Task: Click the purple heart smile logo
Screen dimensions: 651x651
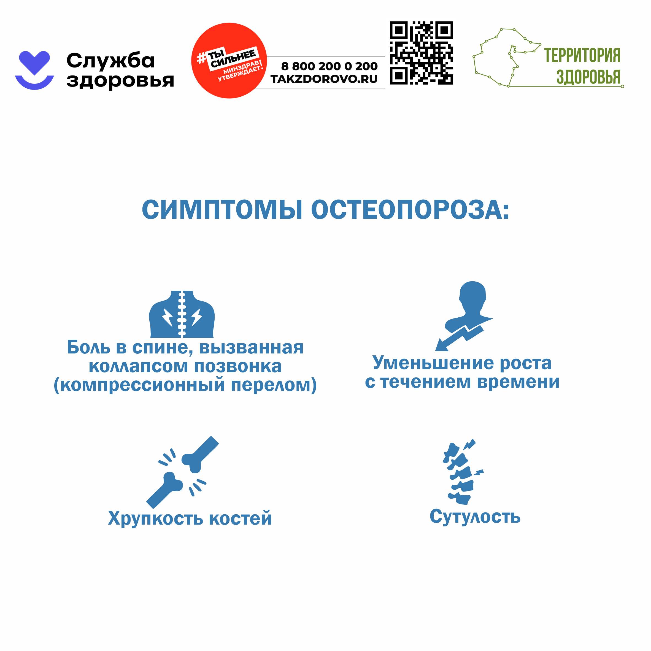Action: pos(34,70)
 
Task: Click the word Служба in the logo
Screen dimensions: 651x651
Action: pos(110,61)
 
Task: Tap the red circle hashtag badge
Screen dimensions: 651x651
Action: pos(229,61)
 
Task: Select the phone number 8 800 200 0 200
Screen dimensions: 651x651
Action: pos(329,66)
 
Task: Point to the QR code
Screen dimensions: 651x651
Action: pos(421,53)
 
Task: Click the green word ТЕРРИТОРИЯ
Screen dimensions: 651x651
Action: pos(582,55)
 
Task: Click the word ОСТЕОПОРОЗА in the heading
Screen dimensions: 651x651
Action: pos(410,210)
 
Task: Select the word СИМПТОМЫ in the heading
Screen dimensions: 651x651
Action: pos(222,210)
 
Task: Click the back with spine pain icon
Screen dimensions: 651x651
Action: pos(182,314)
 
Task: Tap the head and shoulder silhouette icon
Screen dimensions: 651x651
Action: pos(464,316)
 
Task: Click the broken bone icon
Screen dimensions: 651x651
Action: pos(182,472)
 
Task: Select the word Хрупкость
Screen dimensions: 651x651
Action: pos(155,518)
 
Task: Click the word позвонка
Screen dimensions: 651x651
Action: pos(238,366)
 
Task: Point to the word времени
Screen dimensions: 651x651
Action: pos(518,382)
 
